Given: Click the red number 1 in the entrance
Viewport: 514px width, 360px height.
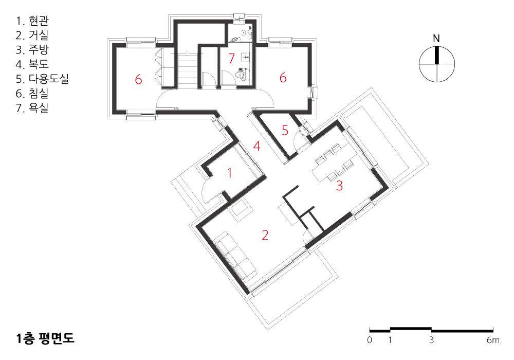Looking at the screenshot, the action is pos(230,173).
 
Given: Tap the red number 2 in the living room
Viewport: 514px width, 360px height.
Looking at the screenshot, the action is pos(265,235).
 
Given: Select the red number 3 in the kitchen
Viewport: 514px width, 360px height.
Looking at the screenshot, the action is pos(340,186).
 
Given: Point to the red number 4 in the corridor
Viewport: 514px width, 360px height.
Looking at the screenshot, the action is pos(257,146).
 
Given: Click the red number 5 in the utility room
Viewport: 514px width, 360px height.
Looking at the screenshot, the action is pos(285,130).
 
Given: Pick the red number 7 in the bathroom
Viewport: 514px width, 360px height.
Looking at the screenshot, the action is pos(232,58).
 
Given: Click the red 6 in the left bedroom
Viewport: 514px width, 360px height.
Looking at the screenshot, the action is pos(138,79).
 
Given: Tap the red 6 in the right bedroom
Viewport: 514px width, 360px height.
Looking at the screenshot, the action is pos(283,78).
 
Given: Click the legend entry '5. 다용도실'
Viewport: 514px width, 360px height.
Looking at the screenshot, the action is pos(42,79).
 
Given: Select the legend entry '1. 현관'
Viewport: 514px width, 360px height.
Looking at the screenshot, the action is pos(32,21).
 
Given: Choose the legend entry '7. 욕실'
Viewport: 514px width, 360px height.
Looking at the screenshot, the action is pos(32,107).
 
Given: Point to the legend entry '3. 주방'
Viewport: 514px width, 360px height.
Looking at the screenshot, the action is pos(32,49).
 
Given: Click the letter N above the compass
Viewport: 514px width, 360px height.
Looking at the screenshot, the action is pos(436,39).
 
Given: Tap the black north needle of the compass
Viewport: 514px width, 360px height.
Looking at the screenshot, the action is pos(436,55).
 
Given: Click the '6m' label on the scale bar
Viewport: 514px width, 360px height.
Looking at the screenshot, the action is pos(493,340).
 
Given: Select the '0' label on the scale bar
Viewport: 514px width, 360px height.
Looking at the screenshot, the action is pos(370,340).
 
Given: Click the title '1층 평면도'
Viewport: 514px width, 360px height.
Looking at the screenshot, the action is pos(46,338).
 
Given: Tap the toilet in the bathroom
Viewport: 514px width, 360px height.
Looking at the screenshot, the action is pos(243,75).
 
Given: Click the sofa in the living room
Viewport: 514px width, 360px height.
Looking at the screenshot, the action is pos(236,256).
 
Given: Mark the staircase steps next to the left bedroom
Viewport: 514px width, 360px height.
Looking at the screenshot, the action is pos(187,70).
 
